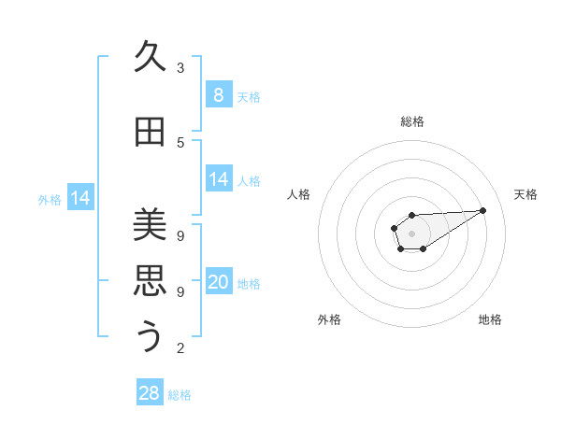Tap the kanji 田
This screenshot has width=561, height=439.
pyautogui.click(x=149, y=132)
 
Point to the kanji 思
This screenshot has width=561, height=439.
pyautogui.click(x=149, y=280)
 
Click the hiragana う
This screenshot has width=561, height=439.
pyautogui.click(x=149, y=336)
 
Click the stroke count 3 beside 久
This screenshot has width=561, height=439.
pyautogui.click(x=180, y=68)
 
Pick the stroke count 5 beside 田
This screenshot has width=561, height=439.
pyautogui.click(x=180, y=143)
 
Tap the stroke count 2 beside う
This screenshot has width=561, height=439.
pyautogui.click(x=180, y=348)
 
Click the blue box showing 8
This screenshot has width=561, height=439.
pyautogui.click(x=219, y=94)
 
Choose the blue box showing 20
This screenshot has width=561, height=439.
pyautogui.click(x=219, y=282)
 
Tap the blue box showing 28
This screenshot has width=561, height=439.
pyautogui.click(x=150, y=393)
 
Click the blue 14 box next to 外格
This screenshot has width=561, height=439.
pyautogui.click(x=80, y=198)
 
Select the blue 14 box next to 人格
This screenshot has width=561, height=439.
pyautogui.click(x=219, y=179)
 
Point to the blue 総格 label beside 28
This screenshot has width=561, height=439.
pyautogui.click(x=180, y=395)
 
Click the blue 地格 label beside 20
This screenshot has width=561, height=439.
pyautogui.click(x=249, y=283)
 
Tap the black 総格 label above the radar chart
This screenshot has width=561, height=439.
pyautogui.click(x=412, y=121)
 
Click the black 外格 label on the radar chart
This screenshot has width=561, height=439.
pyautogui.click(x=329, y=319)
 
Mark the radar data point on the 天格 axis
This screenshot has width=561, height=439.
pyautogui.click(x=483, y=210)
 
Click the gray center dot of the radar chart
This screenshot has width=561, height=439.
pyautogui.click(x=412, y=233)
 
